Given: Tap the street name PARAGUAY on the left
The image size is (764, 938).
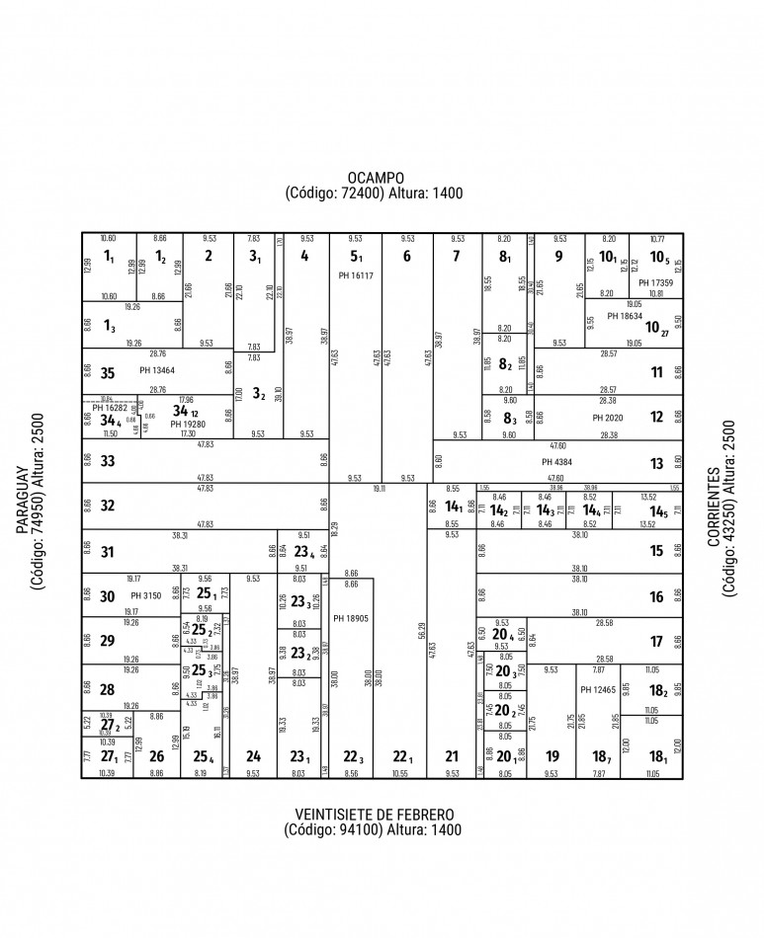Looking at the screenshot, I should [x=23, y=528].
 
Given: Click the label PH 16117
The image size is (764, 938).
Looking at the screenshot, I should [x=355, y=275].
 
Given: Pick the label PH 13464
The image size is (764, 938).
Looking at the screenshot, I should [x=157, y=371].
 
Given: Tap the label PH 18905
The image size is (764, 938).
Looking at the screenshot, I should [x=351, y=618].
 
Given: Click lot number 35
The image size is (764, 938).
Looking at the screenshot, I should [x=108, y=373].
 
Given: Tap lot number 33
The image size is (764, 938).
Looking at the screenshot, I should [x=108, y=461].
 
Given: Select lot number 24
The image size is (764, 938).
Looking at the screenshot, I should [x=253, y=757].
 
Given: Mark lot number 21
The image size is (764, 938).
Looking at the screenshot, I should [x=452, y=757].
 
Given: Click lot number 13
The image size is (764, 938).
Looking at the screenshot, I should [x=657, y=463].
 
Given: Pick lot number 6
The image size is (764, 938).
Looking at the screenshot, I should [x=406, y=257].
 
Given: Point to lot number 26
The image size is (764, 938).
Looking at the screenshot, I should [x=156, y=758].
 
